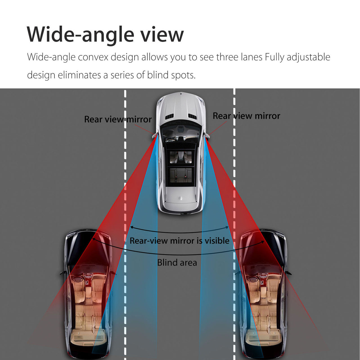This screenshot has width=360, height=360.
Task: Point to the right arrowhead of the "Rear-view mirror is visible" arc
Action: (x=227, y=227)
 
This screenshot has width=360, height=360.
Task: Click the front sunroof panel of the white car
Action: (x=181, y=157)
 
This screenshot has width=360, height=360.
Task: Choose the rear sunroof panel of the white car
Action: (x=181, y=175)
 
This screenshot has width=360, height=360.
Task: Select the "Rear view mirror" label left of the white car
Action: (x=118, y=119)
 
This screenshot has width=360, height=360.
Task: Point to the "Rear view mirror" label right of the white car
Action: (x=246, y=116)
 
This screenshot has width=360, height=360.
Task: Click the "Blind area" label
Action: (x=177, y=262)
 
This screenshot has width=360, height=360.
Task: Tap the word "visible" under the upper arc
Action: (x=217, y=241)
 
